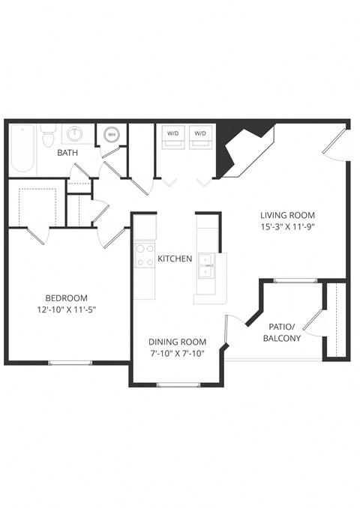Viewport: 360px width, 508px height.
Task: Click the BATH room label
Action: (69, 153)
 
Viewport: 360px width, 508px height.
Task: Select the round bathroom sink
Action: (75, 135)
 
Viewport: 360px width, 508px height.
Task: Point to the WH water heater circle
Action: (111, 135)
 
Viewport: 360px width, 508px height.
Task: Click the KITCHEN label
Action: (175, 259)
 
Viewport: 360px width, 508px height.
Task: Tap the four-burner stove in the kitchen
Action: (144, 255)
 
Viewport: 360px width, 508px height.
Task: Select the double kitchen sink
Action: (205, 268)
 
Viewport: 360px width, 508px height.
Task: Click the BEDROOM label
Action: (66, 297)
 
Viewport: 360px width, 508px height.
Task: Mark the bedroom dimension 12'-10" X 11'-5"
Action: (66, 309)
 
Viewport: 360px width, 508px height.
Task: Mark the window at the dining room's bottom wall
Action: (178, 384)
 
